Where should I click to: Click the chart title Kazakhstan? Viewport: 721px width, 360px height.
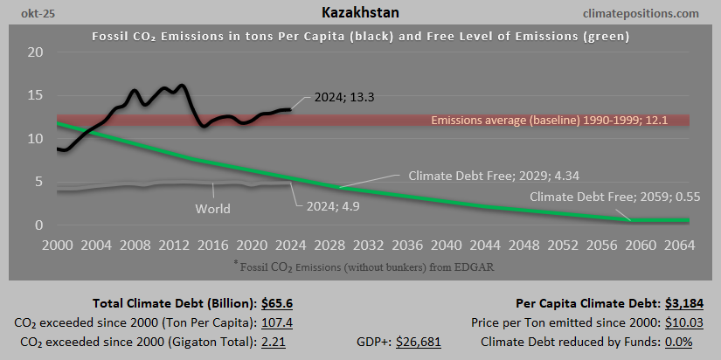pyautogui.click(x=360, y=13)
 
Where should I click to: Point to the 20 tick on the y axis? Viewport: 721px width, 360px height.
pyautogui.click(x=35, y=52)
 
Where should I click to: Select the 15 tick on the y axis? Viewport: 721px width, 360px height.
pyautogui.click(x=35, y=95)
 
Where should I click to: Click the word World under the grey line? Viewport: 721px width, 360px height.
pyautogui.click(x=212, y=209)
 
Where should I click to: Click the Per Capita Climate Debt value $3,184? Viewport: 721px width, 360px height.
pyautogui.click(x=681, y=303)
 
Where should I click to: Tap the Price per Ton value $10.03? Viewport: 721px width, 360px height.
pyautogui.click(x=680, y=322)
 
